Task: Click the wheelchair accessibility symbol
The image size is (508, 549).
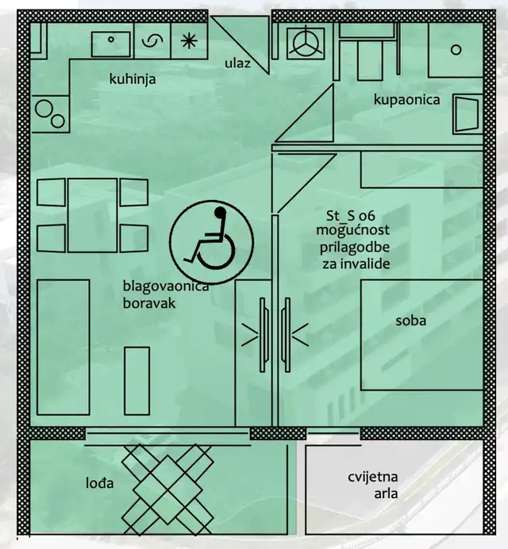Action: pos(211,242)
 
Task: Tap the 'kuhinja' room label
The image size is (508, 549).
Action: pos(133,79)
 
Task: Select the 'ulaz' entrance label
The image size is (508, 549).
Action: pos(237,63)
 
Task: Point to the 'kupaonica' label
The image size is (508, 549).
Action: pos(406,100)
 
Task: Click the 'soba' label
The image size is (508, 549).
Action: pos(411,321)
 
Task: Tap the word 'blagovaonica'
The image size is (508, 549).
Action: pos(166,286)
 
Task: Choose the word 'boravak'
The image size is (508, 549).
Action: pos(149,303)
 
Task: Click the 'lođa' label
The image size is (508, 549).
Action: pos(99,483)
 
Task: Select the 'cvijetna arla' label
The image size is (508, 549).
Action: pos(373,486)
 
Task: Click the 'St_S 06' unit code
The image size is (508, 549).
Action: pos(351,216)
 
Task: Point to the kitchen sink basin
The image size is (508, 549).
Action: pos(110,44)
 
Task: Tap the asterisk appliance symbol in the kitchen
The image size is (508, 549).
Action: pos(189,41)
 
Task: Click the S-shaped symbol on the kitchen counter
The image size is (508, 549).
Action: pos(152,41)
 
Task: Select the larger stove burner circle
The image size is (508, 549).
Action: pos(44,109)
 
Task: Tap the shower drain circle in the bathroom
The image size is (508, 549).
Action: pos(456,50)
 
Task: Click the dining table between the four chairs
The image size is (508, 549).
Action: pos(93,215)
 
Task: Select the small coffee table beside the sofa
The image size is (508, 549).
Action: pos(137,381)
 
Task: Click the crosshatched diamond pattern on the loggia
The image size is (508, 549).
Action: pos(167,489)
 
